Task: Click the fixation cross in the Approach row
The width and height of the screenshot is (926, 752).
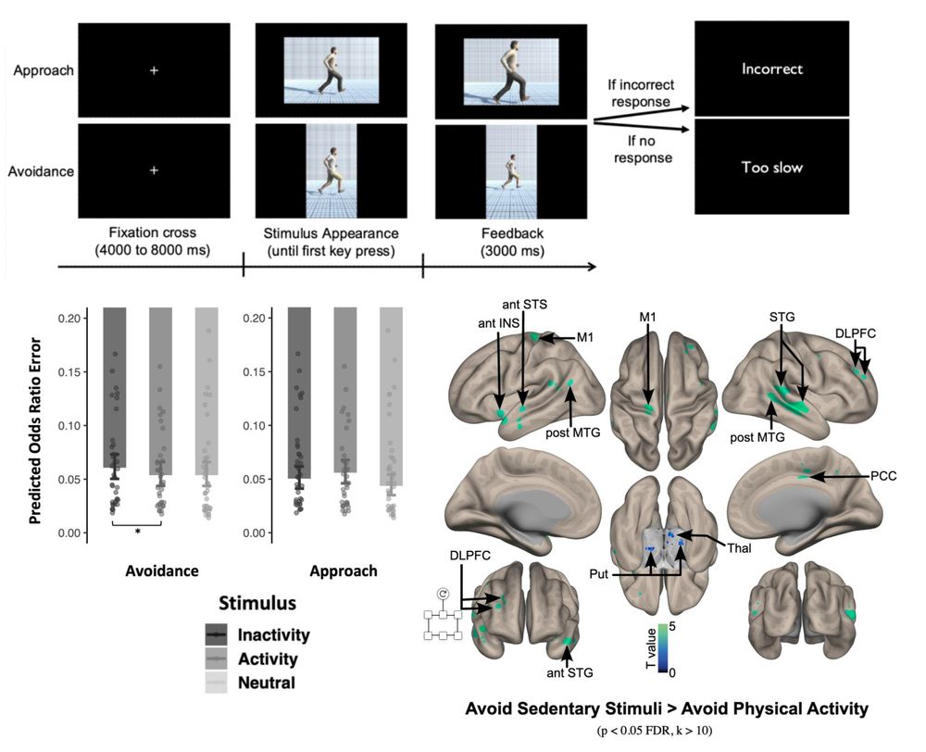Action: click(155, 70)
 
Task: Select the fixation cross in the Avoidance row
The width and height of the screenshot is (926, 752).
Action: click(155, 170)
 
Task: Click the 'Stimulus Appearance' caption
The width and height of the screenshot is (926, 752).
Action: click(332, 232)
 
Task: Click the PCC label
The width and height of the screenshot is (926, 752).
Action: click(883, 476)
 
